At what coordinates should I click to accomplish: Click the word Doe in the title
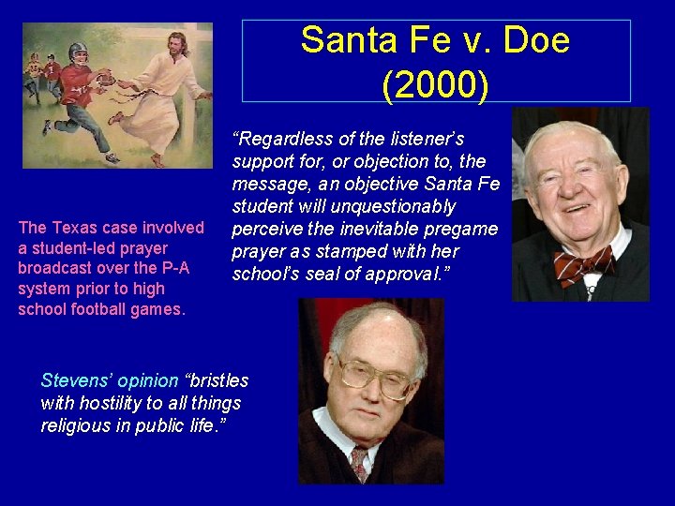pyautogui.click(x=536, y=41)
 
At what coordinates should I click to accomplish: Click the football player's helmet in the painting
pyautogui.click(x=78, y=52)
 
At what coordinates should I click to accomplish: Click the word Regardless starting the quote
pyautogui.click(x=280, y=139)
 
